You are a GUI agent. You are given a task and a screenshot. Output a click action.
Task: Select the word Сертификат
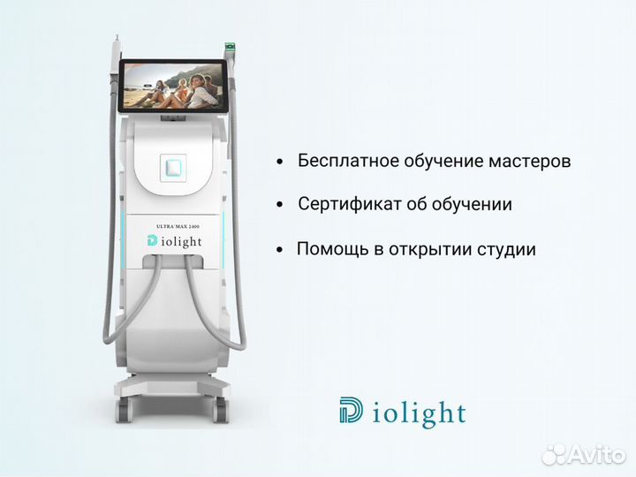click(344, 204)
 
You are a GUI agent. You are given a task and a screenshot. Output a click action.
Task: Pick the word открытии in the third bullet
click(428, 250)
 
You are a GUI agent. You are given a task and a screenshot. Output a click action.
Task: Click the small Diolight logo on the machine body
click(179, 241)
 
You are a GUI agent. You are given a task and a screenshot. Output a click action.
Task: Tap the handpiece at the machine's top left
click(117, 49)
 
